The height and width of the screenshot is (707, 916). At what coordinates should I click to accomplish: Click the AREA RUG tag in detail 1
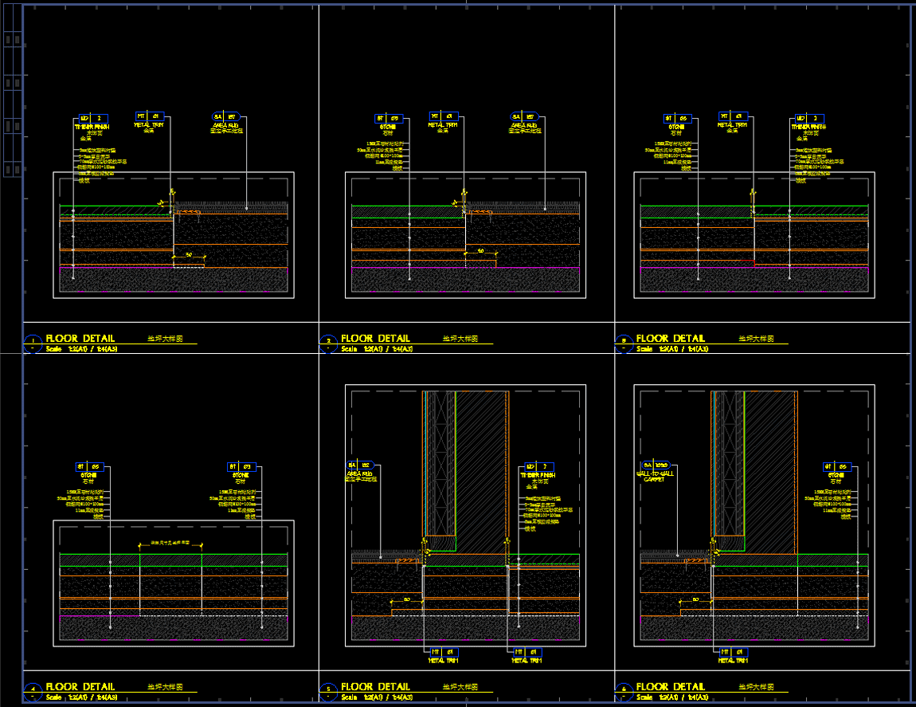227,117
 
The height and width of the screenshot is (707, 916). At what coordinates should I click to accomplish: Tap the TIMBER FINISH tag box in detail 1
92,118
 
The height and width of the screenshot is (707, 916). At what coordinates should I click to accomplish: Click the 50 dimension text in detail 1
189,254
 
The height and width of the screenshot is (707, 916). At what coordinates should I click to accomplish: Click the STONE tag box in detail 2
387,118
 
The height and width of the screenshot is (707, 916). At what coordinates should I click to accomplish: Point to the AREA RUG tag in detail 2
523,117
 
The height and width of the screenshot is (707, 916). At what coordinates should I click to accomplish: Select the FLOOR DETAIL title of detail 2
375,339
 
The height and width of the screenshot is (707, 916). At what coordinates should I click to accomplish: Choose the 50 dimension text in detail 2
481,250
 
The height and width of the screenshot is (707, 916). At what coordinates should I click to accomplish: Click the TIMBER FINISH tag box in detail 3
808,118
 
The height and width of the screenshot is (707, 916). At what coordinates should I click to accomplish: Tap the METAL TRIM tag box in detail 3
732,116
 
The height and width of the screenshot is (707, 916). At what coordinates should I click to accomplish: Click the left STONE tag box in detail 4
88,466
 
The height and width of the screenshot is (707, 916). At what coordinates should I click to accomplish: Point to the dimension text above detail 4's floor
170,543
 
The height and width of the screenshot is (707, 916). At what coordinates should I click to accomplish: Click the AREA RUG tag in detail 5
360,465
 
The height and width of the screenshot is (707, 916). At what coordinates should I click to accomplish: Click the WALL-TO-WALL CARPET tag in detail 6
656,465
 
